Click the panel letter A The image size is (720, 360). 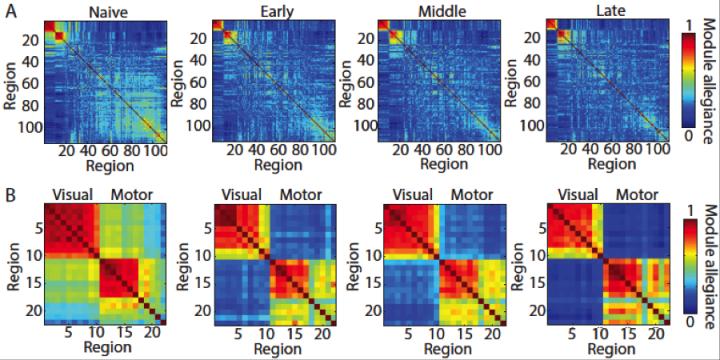(x=8, y=9)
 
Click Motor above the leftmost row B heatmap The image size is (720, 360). (x=130, y=192)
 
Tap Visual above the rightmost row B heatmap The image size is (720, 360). (x=568, y=192)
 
